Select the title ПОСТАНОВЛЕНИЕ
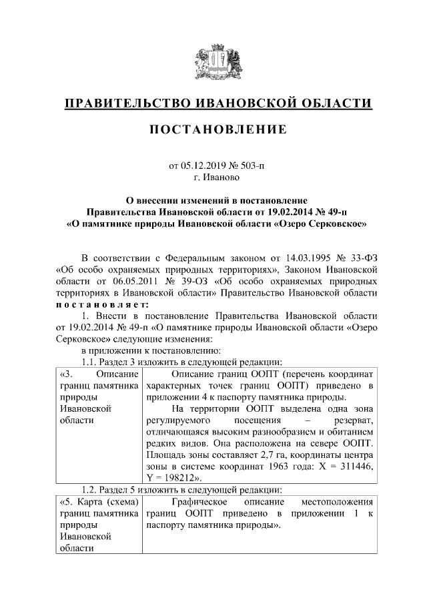[x=213, y=128]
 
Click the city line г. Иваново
[x=213, y=178]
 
